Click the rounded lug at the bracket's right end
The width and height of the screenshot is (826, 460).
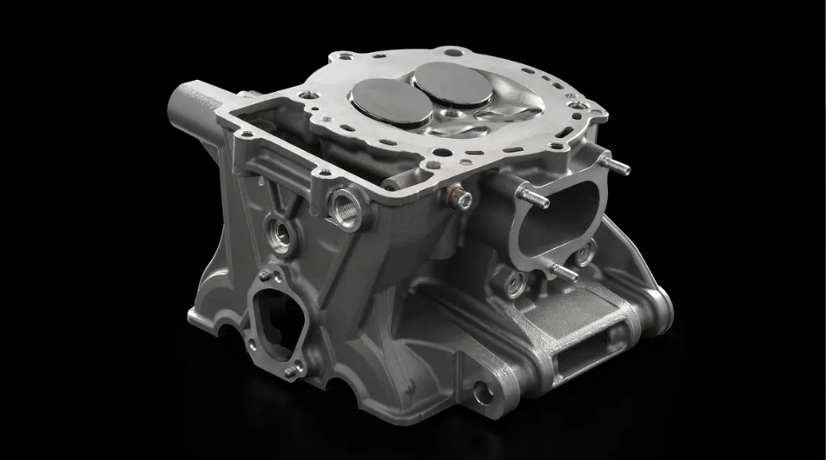point(662,304)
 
